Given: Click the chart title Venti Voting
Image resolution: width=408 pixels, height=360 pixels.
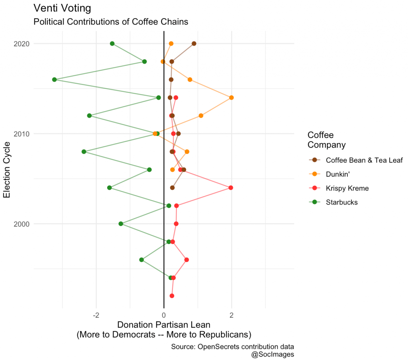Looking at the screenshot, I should click(x=62, y=8).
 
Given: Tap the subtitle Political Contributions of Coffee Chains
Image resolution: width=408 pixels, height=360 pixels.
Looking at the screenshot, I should click(x=111, y=22).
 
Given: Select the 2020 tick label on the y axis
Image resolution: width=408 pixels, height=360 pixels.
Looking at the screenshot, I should click(x=21, y=43).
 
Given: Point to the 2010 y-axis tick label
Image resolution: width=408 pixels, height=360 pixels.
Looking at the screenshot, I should click(x=21, y=134).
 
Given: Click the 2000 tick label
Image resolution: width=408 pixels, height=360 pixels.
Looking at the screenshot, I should click(x=21, y=224).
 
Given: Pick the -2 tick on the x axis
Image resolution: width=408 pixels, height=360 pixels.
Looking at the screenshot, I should click(x=96, y=316).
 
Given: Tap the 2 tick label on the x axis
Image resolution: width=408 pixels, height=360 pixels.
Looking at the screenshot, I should click(x=231, y=316).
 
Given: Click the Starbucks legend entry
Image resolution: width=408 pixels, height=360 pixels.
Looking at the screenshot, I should click(x=341, y=202).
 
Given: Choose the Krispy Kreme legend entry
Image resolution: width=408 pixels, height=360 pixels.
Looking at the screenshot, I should click(x=347, y=188).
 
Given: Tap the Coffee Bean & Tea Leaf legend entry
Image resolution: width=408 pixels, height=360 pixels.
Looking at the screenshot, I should click(x=364, y=160).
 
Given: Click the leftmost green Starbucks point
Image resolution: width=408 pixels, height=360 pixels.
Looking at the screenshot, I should click(x=55, y=80).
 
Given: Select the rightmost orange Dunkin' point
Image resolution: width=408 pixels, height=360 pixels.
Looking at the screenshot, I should click(x=231, y=98).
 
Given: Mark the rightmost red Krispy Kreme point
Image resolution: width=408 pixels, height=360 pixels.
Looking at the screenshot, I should click(x=231, y=188).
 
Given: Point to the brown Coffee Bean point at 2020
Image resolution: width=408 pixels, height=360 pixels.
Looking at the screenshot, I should click(x=194, y=43).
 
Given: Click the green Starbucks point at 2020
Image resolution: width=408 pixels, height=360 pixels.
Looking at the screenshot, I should click(x=112, y=43).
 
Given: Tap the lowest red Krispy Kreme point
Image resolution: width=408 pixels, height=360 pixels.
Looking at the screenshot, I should click(x=172, y=296).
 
